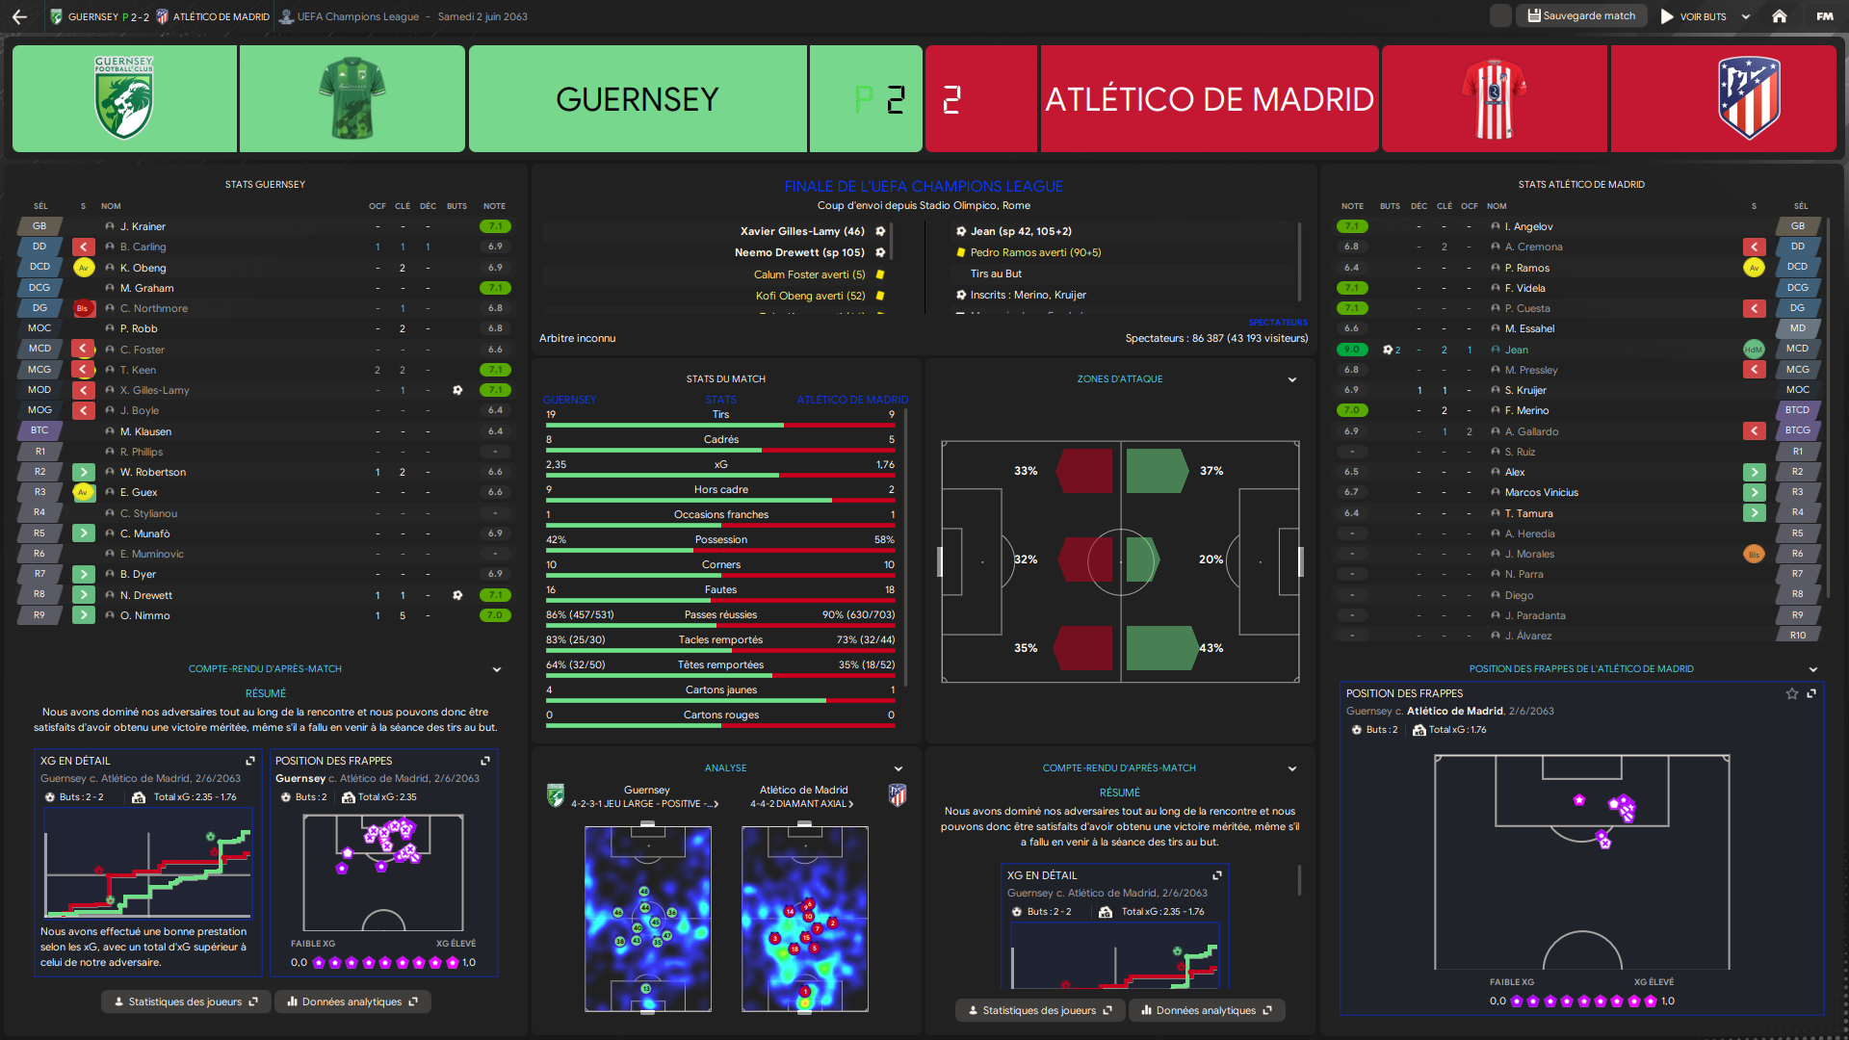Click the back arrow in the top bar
pyautogui.click(x=19, y=16)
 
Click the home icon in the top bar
pyautogui.click(x=1780, y=16)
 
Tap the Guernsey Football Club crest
pyautogui.click(x=124, y=98)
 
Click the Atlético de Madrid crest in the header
pyautogui.click(x=1749, y=98)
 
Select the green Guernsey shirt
pyautogui.click(x=352, y=98)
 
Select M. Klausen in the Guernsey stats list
pyautogui.click(x=145, y=431)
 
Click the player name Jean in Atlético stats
pyautogui.click(x=1517, y=350)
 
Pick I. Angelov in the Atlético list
pyautogui.click(x=1528, y=226)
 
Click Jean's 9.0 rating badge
pyautogui.click(x=1352, y=350)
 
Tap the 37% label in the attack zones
pyautogui.click(x=1211, y=471)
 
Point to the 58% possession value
pyautogui.click(x=884, y=539)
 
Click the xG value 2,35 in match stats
pyautogui.click(x=556, y=464)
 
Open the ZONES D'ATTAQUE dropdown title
pyautogui.click(x=1120, y=379)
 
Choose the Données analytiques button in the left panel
pyautogui.click(x=352, y=1001)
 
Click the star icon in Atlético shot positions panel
pyautogui.click(x=1791, y=693)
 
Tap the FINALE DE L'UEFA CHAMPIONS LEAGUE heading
pyautogui.click(x=924, y=186)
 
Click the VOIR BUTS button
pyautogui.click(x=1702, y=16)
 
